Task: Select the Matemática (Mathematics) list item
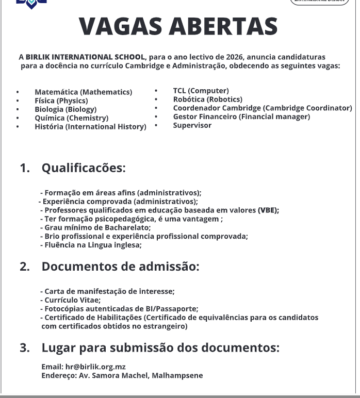(83, 92)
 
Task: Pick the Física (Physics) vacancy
(61, 101)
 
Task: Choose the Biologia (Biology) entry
(65, 109)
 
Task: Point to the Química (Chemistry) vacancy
(71, 118)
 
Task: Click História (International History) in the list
(90, 127)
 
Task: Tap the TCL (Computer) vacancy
(201, 91)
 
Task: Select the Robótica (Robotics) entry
(207, 100)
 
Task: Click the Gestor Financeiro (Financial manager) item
(241, 117)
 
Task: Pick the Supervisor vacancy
(192, 125)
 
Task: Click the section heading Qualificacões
(84, 168)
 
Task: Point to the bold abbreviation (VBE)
(268, 210)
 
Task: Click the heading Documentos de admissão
(120, 267)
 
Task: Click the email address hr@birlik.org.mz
(95, 367)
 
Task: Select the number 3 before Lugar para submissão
(24, 348)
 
